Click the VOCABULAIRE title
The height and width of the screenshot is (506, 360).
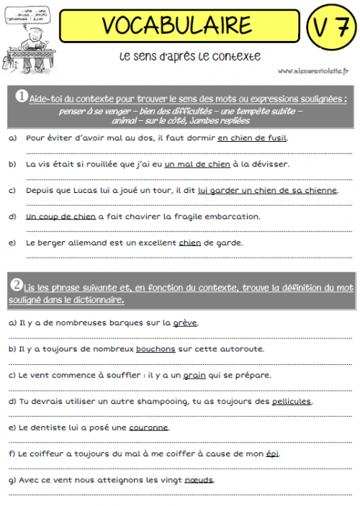176,25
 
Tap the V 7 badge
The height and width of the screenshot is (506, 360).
330,27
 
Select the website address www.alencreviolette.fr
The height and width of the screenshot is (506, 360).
312,71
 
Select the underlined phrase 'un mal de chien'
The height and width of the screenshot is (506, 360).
197,164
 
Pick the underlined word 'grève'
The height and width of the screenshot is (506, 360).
185,323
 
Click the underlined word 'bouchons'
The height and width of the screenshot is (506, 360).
156,349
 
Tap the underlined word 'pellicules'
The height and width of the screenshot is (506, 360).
292,401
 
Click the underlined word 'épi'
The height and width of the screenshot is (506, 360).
271,453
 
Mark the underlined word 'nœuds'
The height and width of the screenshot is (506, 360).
199,479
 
